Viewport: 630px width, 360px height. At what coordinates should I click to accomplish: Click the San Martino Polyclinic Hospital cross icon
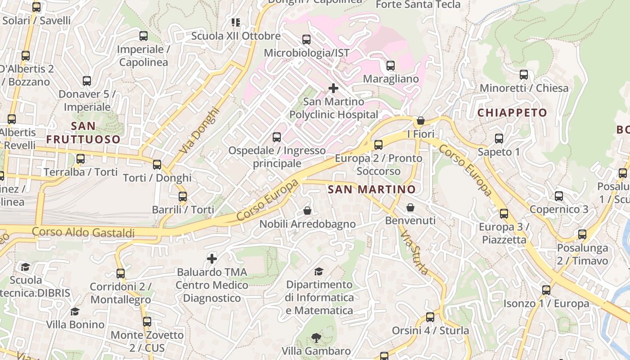[333, 88]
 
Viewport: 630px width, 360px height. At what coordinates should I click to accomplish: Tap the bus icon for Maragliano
[391, 66]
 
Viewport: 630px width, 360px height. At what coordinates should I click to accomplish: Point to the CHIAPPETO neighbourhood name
[512, 112]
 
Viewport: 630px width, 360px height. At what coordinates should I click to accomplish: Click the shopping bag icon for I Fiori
[421, 121]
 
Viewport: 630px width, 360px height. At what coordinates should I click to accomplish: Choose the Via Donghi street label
[199, 130]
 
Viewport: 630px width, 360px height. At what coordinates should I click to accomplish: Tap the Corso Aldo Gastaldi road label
[83, 233]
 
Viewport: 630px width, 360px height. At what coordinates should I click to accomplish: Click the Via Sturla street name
[414, 253]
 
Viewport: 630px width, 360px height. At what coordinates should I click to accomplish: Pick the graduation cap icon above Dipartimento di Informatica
[319, 271]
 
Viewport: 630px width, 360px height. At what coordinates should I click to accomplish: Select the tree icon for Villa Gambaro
[316, 338]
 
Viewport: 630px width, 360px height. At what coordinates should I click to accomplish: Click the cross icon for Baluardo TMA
[212, 259]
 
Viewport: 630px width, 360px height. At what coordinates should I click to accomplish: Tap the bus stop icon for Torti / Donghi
[157, 165]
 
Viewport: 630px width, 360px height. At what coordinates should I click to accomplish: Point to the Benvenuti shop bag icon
[410, 207]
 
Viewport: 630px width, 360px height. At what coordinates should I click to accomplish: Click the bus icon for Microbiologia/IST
[306, 40]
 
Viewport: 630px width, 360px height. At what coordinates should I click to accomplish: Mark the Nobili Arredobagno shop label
[307, 224]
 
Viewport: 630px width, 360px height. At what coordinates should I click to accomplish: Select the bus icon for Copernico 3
[559, 196]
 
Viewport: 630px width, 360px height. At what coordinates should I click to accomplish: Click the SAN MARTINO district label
[372, 189]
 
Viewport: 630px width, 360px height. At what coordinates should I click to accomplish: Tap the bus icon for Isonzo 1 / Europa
[546, 290]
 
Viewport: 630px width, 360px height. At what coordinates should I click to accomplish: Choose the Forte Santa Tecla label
[418, 4]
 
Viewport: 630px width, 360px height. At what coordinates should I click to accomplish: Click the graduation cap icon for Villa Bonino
[75, 311]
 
